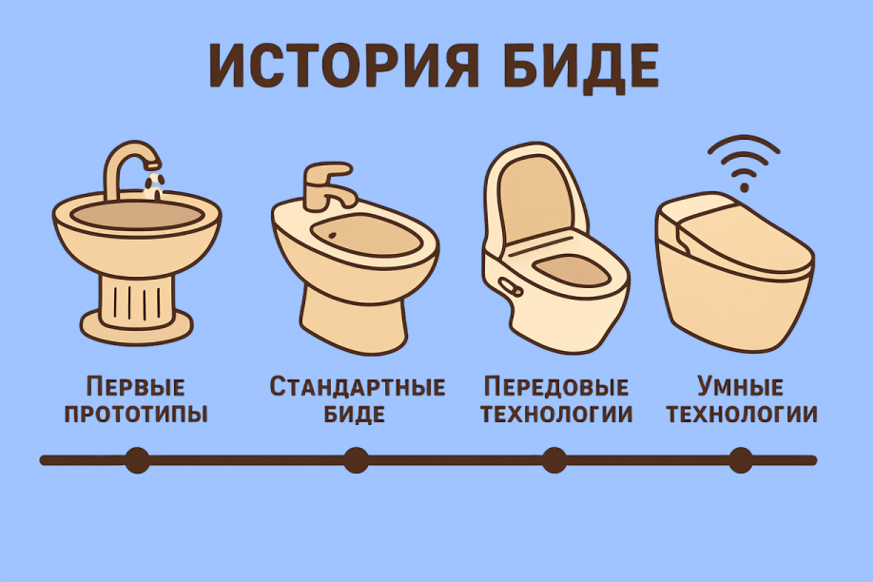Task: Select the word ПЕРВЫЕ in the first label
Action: pyautogui.click(x=136, y=388)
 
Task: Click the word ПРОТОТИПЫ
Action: pyautogui.click(x=136, y=415)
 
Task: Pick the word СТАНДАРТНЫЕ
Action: pyautogui.click(x=358, y=388)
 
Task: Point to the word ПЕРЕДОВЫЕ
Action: pyautogui.click(x=556, y=388)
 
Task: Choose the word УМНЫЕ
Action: pyautogui.click(x=740, y=388)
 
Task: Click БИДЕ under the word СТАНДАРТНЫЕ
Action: pyautogui.click(x=358, y=415)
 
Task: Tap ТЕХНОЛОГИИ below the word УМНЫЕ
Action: pyautogui.click(x=740, y=415)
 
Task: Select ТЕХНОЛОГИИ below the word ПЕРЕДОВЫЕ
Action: pyautogui.click(x=556, y=415)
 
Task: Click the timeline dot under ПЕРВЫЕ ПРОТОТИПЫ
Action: pyautogui.click(x=137, y=460)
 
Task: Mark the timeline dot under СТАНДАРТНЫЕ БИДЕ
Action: pyautogui.click(x=356, y=460)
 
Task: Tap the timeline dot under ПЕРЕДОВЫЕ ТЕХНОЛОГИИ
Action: pyautogui.click(x=554, y=460)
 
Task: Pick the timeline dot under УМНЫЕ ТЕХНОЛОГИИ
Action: pyautogui.click(x=740, y=460)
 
